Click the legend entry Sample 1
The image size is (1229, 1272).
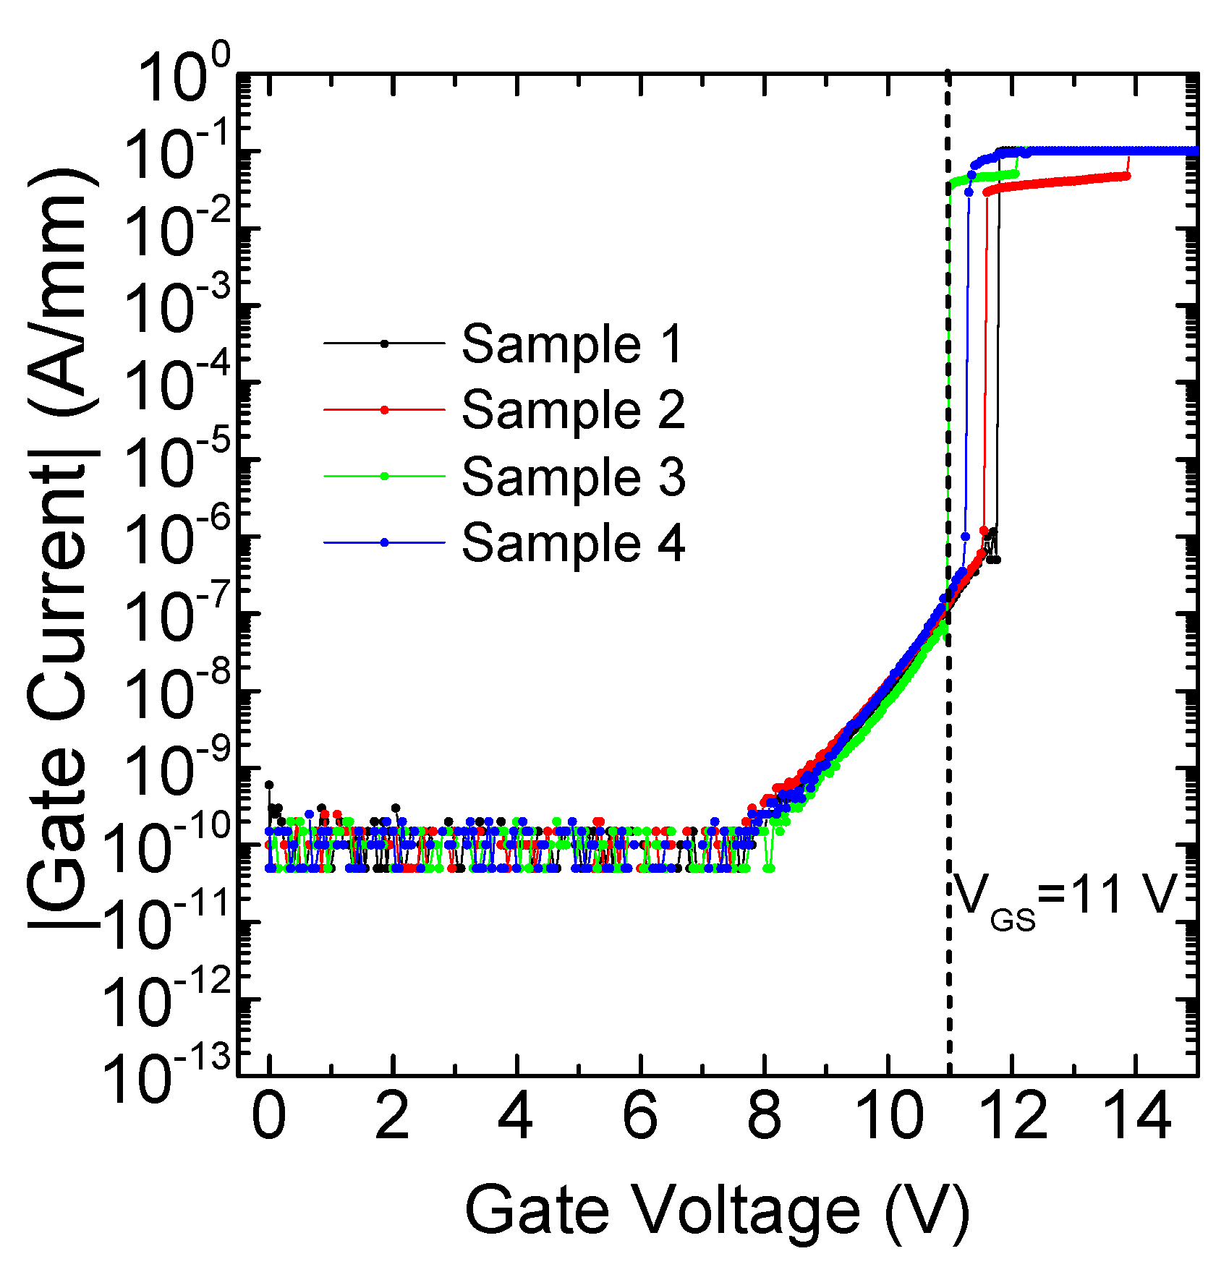pyautogui.click(x=572, y=344)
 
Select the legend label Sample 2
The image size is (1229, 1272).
pyautogui.click(x=572, y=410)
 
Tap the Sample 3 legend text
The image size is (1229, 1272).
pyautogui.click(x=572, y=477)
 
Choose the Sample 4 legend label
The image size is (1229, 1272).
pyautogui.click(x=572, y=543)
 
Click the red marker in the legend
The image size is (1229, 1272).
pyautogui.click(x=385, y=410)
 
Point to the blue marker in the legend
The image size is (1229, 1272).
pyautogui.click(x=385, y=542)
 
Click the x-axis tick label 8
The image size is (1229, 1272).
pyautogui.click(x=765, y=1116)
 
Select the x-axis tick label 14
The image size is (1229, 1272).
pyautogui.click(x=1136, y=1116)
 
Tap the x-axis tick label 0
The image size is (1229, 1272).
pyautogui.click(x=269, y=1116)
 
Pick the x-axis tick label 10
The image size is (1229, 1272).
pyautogui.click(x=888, y=1116)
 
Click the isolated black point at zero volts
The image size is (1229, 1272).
pyautogui.click(x=269, y=785)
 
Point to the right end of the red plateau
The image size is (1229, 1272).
pyautogui.click(x=1127, y=176)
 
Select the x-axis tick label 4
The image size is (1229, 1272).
pyautogui.click(x=516, y=1116)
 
